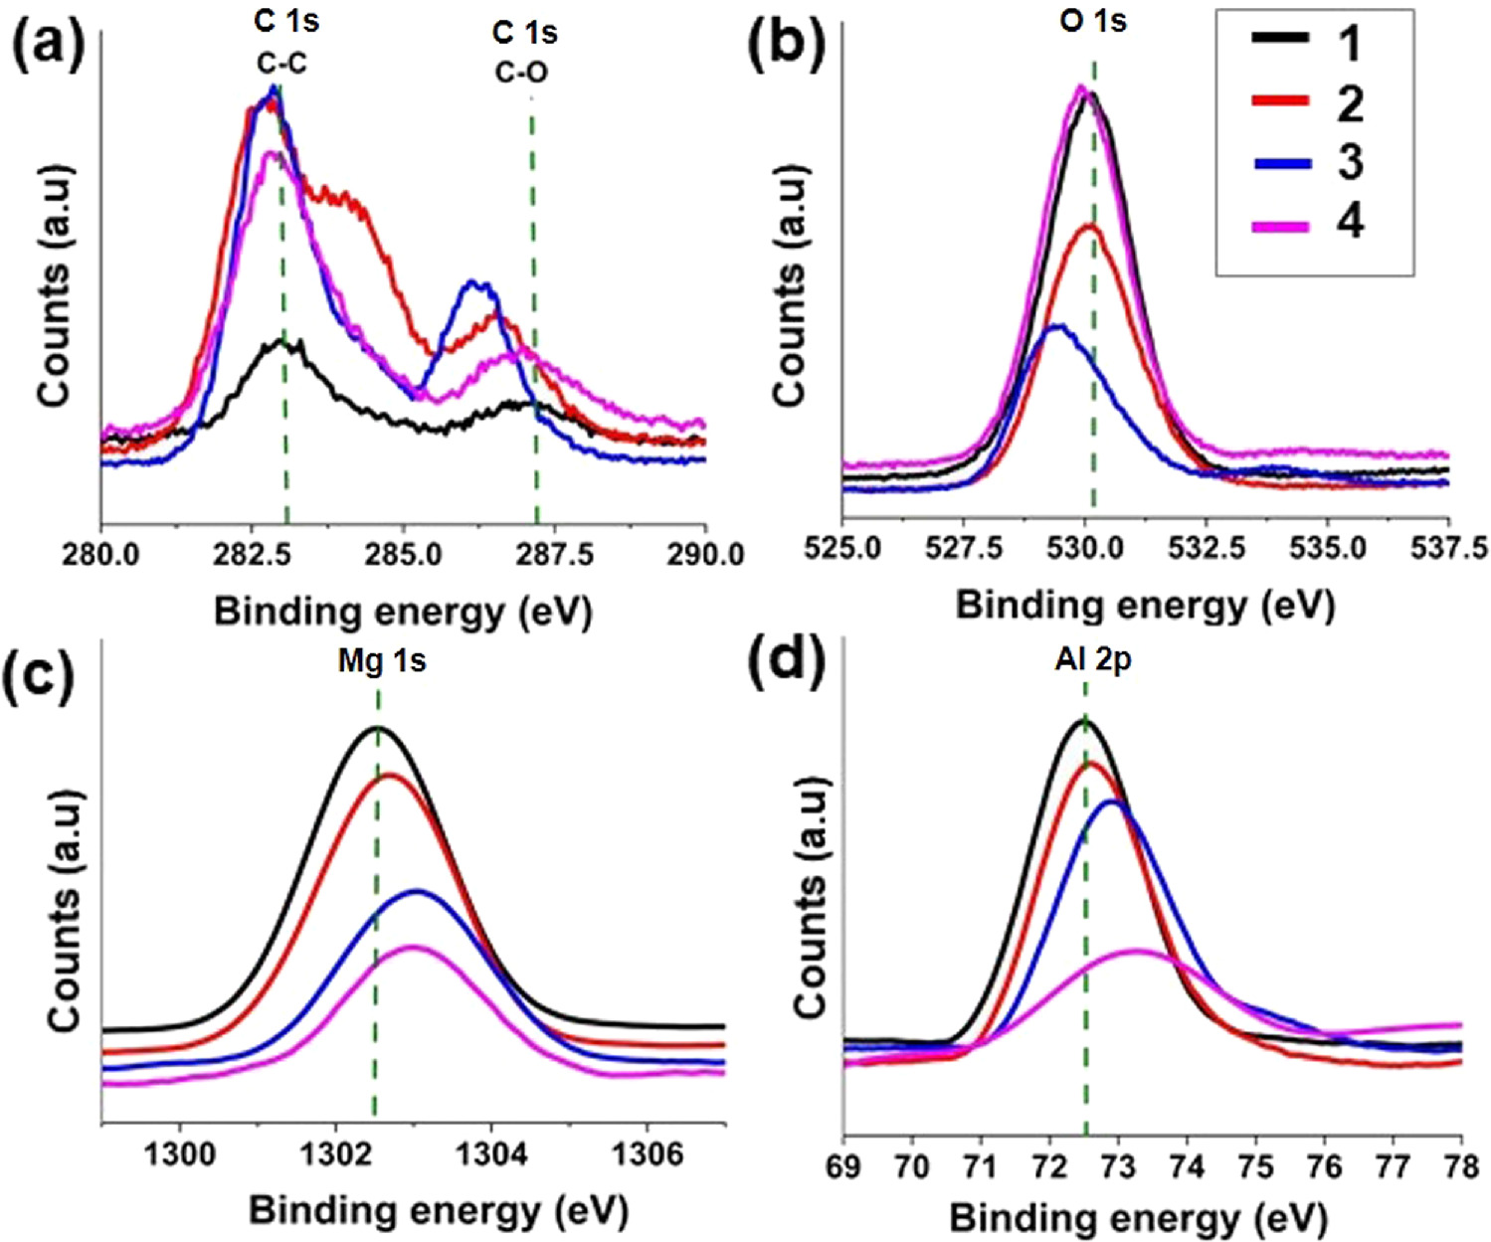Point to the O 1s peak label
coord(1092,20)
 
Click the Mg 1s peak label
coord(382,661)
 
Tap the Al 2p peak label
coord(1093,661)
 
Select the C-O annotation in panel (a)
coord(521,72)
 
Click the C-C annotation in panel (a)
coord(282,65)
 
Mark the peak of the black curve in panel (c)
coord(379,728)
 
